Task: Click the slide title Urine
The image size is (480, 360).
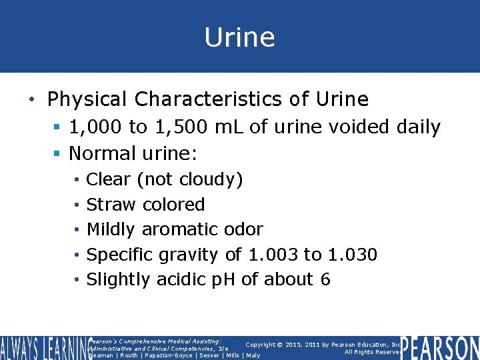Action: pyautogui.click(x=239, y=37)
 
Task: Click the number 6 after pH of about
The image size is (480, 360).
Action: pyautogui.click(x=325, y=279)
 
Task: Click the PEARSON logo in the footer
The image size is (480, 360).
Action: pyautogui.click(x=439, y=347)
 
